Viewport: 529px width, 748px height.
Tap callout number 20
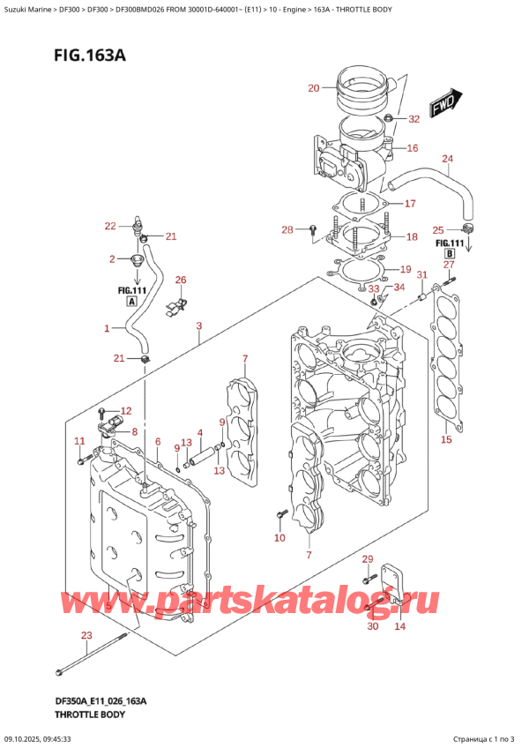coord(313,87)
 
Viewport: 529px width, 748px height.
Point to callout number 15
coord(446,439)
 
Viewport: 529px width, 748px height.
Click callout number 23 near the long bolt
coord(86,635)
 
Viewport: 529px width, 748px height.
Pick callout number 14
coord(399,626)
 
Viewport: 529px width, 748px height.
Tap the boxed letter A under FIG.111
coord(131,301)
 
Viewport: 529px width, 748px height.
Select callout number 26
coord(181,280)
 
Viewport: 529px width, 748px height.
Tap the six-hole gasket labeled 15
coord(444,370)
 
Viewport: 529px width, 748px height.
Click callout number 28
coord(287,230)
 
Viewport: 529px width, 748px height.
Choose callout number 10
coord(279,537)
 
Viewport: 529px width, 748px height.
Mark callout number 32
coord(414,119)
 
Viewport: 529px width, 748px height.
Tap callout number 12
coord(125,411)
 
